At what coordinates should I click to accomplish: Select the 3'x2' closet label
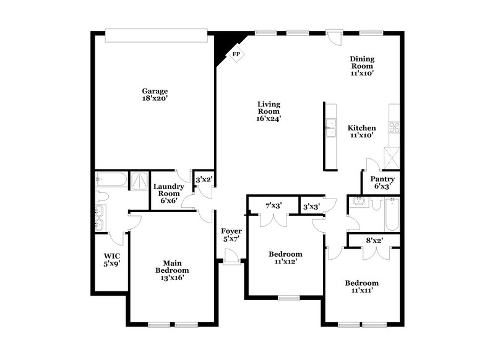point(204,180)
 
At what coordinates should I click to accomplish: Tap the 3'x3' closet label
point(311,206)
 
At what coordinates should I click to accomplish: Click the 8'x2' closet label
point(374,240)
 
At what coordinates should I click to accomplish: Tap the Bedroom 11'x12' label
point(285,258)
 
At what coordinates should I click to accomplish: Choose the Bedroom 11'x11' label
point(361,286)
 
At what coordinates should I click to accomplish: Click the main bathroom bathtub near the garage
point(112,181)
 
